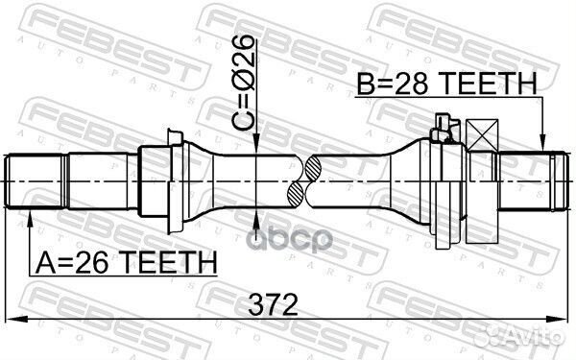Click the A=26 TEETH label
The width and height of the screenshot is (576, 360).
pos(125,263)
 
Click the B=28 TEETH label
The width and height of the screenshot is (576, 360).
pos(447,83)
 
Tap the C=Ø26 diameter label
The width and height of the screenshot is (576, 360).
pos(243,84)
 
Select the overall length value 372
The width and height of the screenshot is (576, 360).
pos(273,304)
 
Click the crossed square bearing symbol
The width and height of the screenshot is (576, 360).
pos(482,135)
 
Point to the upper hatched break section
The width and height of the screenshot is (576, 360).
pos(313,169)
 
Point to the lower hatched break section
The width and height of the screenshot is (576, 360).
pos(296,195)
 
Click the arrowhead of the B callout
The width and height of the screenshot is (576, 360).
pos(543,142)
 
